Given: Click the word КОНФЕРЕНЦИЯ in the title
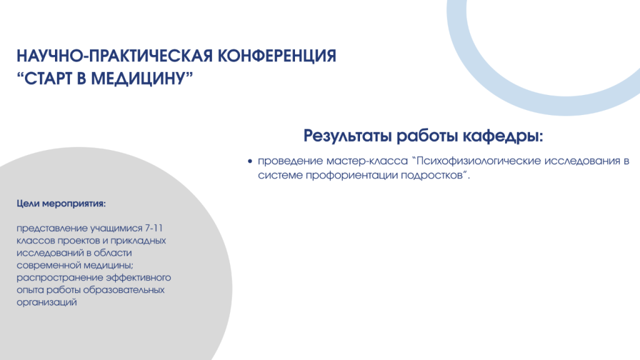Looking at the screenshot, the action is pos(277,56).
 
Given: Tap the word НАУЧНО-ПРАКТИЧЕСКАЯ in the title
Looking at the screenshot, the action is pos(115,56).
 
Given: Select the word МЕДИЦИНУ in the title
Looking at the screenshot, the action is pos(141,78).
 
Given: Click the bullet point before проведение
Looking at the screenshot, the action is pos(250,162).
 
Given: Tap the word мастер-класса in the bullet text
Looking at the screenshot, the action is pos(367,161).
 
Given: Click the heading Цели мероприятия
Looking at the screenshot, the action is pos(61,203).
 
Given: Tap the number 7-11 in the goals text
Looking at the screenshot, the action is pos(154,227).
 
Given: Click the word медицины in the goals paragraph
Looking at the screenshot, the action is pos(108,266).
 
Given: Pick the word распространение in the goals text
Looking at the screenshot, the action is pos(59,278).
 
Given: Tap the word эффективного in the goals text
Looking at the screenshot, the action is pos(138,278).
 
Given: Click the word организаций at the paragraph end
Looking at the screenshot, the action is pos(46,303).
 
